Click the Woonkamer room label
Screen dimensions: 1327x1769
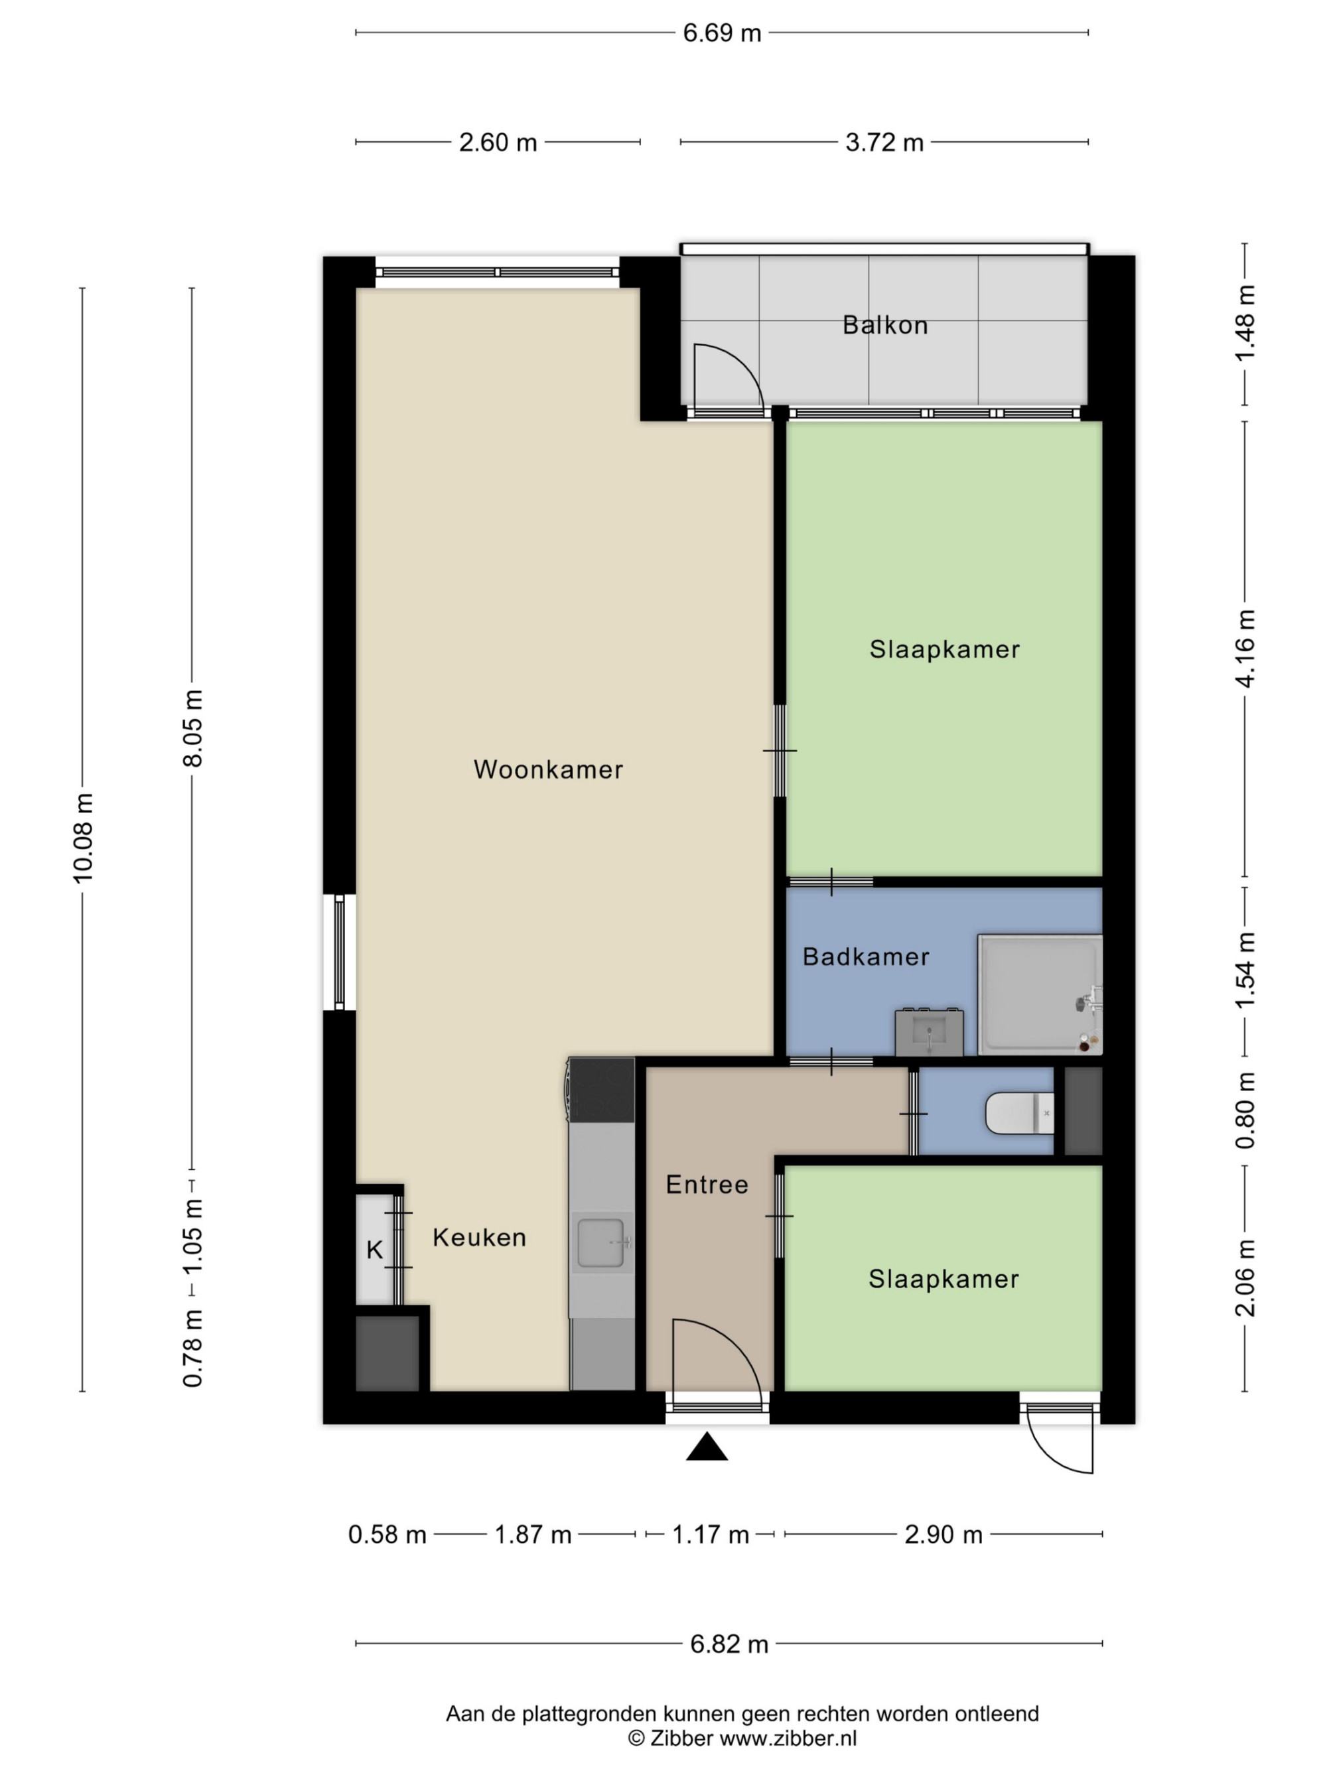pos(548,769)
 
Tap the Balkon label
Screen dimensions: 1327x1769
pos(884,326)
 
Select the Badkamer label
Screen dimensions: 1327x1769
pos(865,956)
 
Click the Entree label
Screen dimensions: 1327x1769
pos(707,1185)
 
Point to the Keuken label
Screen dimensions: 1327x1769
pos(479,1237)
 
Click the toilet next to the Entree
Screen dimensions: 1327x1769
pos(1020,1113)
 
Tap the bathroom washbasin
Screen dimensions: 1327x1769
pos(929,1033)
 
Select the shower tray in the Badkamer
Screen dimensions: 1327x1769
pos(1040,995)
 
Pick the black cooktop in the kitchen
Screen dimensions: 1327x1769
pos(600,1089)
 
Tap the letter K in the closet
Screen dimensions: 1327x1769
pos(374,1250)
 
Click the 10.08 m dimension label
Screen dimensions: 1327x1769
pos(83,838)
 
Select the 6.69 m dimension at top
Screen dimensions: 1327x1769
pos(721,33)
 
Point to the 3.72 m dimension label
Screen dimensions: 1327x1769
pos(884,143)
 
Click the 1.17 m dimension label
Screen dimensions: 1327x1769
pos(711,1535)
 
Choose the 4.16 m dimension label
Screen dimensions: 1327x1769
pos(1245,648)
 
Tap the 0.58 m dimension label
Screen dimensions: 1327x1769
pos(387,1535)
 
